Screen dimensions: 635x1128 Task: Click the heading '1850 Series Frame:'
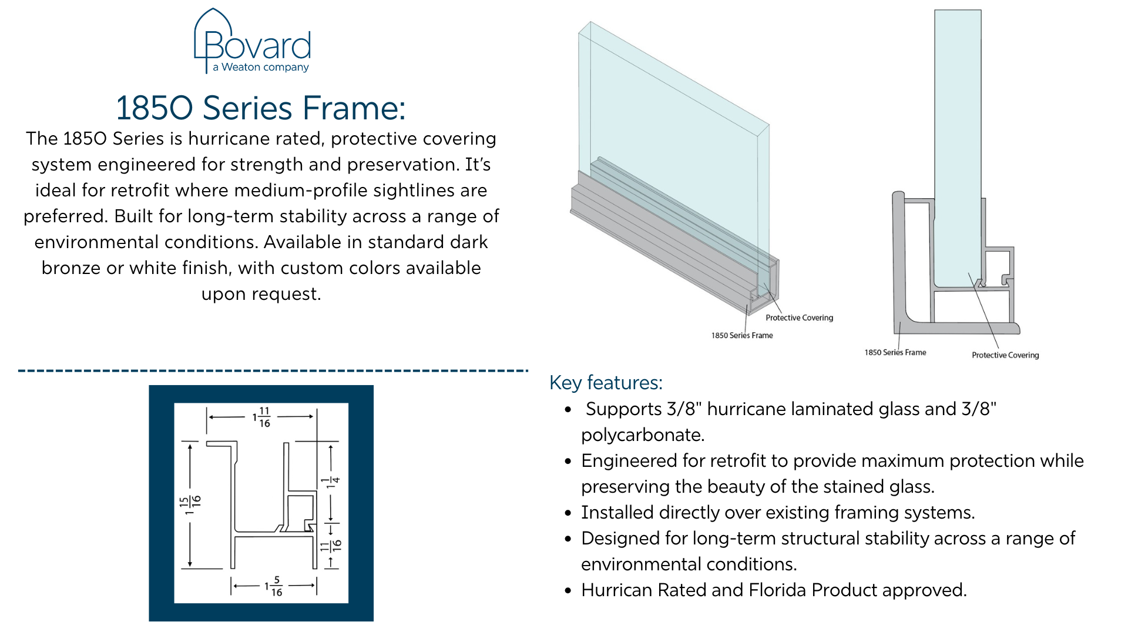pyautogui.click(x=261, y=108)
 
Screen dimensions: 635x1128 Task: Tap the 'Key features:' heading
pyautogui.click(x=606, y=383)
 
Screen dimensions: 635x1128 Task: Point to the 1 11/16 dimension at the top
pyautogui.click(x=262, y=417)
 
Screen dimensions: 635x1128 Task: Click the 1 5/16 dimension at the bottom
pyautogui.click(x=274, y=586)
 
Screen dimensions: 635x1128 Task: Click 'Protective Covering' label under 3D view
pyautogui.click(x=799, y=317)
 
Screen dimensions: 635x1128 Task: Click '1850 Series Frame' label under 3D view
pyautogui.click(x=742, y=335)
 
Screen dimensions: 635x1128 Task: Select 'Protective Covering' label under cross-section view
pyautogui.click(x=1005, y=355)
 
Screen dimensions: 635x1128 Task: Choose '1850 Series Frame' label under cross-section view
pyautogui.click(x=895, y=352)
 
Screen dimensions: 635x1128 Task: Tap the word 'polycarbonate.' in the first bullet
pyautogui.click(x=643, y=435)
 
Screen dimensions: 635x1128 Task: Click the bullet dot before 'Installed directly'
pyautogui.click(x=568, y=513)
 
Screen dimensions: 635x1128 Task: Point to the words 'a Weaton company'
pyautogui.click(x=261, y=67)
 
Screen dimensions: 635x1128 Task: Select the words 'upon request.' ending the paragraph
pyautogui.click(x=261, y=294)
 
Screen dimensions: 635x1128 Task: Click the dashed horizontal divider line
pyautogui.click(x=273, y=371)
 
